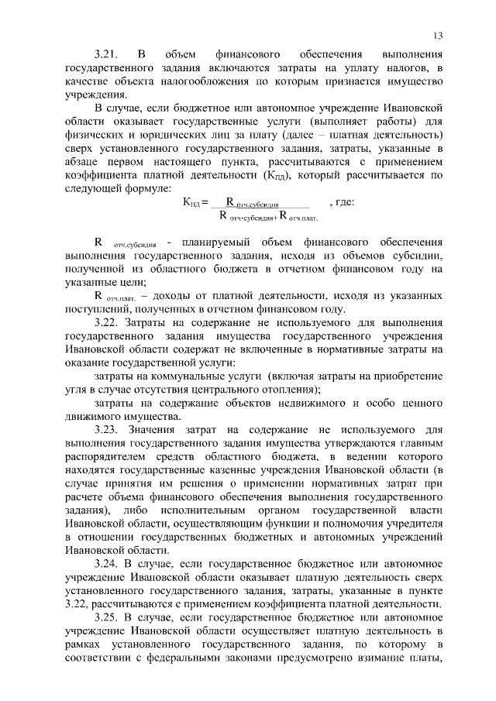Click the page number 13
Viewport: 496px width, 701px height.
(438, 36)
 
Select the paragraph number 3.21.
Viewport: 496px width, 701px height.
(105, 55)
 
